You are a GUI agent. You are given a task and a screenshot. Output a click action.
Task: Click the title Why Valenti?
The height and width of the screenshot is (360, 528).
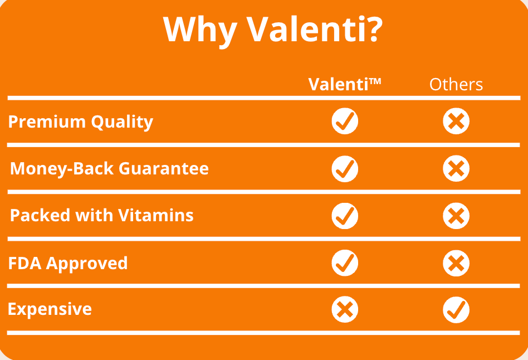tap(273, 30)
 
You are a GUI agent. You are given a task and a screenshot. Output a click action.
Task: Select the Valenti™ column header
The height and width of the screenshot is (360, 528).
tap(344, 84)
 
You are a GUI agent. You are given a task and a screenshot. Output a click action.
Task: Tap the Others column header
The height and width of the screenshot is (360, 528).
tap(456, 84)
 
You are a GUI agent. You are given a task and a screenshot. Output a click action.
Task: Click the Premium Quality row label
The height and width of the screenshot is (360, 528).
tap(80, 122)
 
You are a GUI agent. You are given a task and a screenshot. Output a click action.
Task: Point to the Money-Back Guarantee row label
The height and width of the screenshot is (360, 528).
tap(109, 169)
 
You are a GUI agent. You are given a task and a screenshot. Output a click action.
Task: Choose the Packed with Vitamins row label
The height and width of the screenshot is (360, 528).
tap(102, 215)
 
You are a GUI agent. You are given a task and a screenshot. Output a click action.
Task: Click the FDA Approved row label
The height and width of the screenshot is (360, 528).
tap(68, 264)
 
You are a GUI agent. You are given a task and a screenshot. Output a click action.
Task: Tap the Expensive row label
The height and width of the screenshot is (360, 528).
tap(50, 309)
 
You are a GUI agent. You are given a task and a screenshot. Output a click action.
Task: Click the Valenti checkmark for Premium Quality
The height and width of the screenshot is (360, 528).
tap(345, 121)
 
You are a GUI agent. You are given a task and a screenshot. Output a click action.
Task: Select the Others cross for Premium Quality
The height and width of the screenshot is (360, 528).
tap(456, 121)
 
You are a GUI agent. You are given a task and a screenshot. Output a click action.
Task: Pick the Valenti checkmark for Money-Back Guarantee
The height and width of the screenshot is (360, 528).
tap(345, 169)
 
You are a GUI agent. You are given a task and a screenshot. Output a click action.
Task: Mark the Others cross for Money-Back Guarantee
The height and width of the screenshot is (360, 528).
tap(456, 168)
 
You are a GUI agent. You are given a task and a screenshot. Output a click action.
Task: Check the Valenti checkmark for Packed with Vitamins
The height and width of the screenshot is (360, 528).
tap(345, 216)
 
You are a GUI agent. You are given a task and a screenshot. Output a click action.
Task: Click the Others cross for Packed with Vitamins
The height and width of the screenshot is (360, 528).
tap(456, 216)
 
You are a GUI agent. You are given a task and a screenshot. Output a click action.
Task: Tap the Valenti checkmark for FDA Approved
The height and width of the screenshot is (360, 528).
tap(345, 263)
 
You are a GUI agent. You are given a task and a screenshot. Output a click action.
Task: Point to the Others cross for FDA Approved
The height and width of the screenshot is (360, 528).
tap(456, 263)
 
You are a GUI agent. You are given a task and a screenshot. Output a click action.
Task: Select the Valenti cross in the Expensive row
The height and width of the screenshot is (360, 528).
tap(345, 309)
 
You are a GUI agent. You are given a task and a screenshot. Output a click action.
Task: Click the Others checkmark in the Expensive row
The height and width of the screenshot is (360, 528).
tap(456, 310)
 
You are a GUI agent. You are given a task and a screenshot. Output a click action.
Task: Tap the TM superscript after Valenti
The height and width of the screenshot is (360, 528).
tap(375, 81)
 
